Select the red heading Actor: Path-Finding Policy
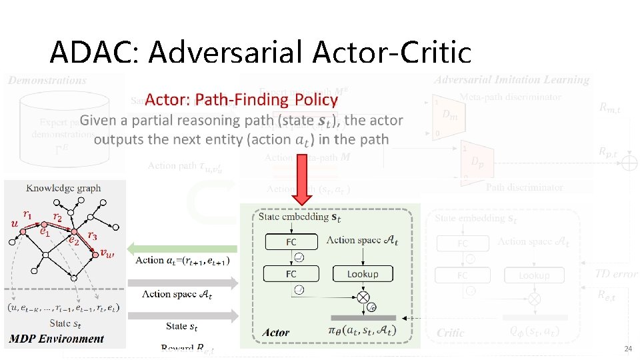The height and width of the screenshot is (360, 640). [x=241, y=100]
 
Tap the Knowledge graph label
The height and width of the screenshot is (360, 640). [x=64, y=187]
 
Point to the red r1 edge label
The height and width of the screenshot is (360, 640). [x=27, y=214]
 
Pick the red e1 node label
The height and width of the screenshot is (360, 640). [x=44, y=233]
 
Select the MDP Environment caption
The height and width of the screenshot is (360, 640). [x=57, y=339]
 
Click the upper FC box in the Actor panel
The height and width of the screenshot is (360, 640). [x=291, y=241]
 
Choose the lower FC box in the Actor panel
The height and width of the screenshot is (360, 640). [x=291, y=273]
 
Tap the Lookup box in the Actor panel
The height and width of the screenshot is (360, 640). [x=363, y=273]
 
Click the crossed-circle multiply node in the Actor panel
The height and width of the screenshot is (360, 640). [x=363, y=297]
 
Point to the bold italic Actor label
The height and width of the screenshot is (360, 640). [x=276, y=332]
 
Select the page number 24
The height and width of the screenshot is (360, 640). [x=627, y=349]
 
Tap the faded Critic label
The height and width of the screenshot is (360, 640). [x=451, y=332]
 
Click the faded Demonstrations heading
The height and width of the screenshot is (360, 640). [x=47, y=80]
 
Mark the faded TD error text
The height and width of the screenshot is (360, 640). [x=616, y=273]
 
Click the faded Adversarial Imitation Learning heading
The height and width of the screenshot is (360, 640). [x=511, y=80]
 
